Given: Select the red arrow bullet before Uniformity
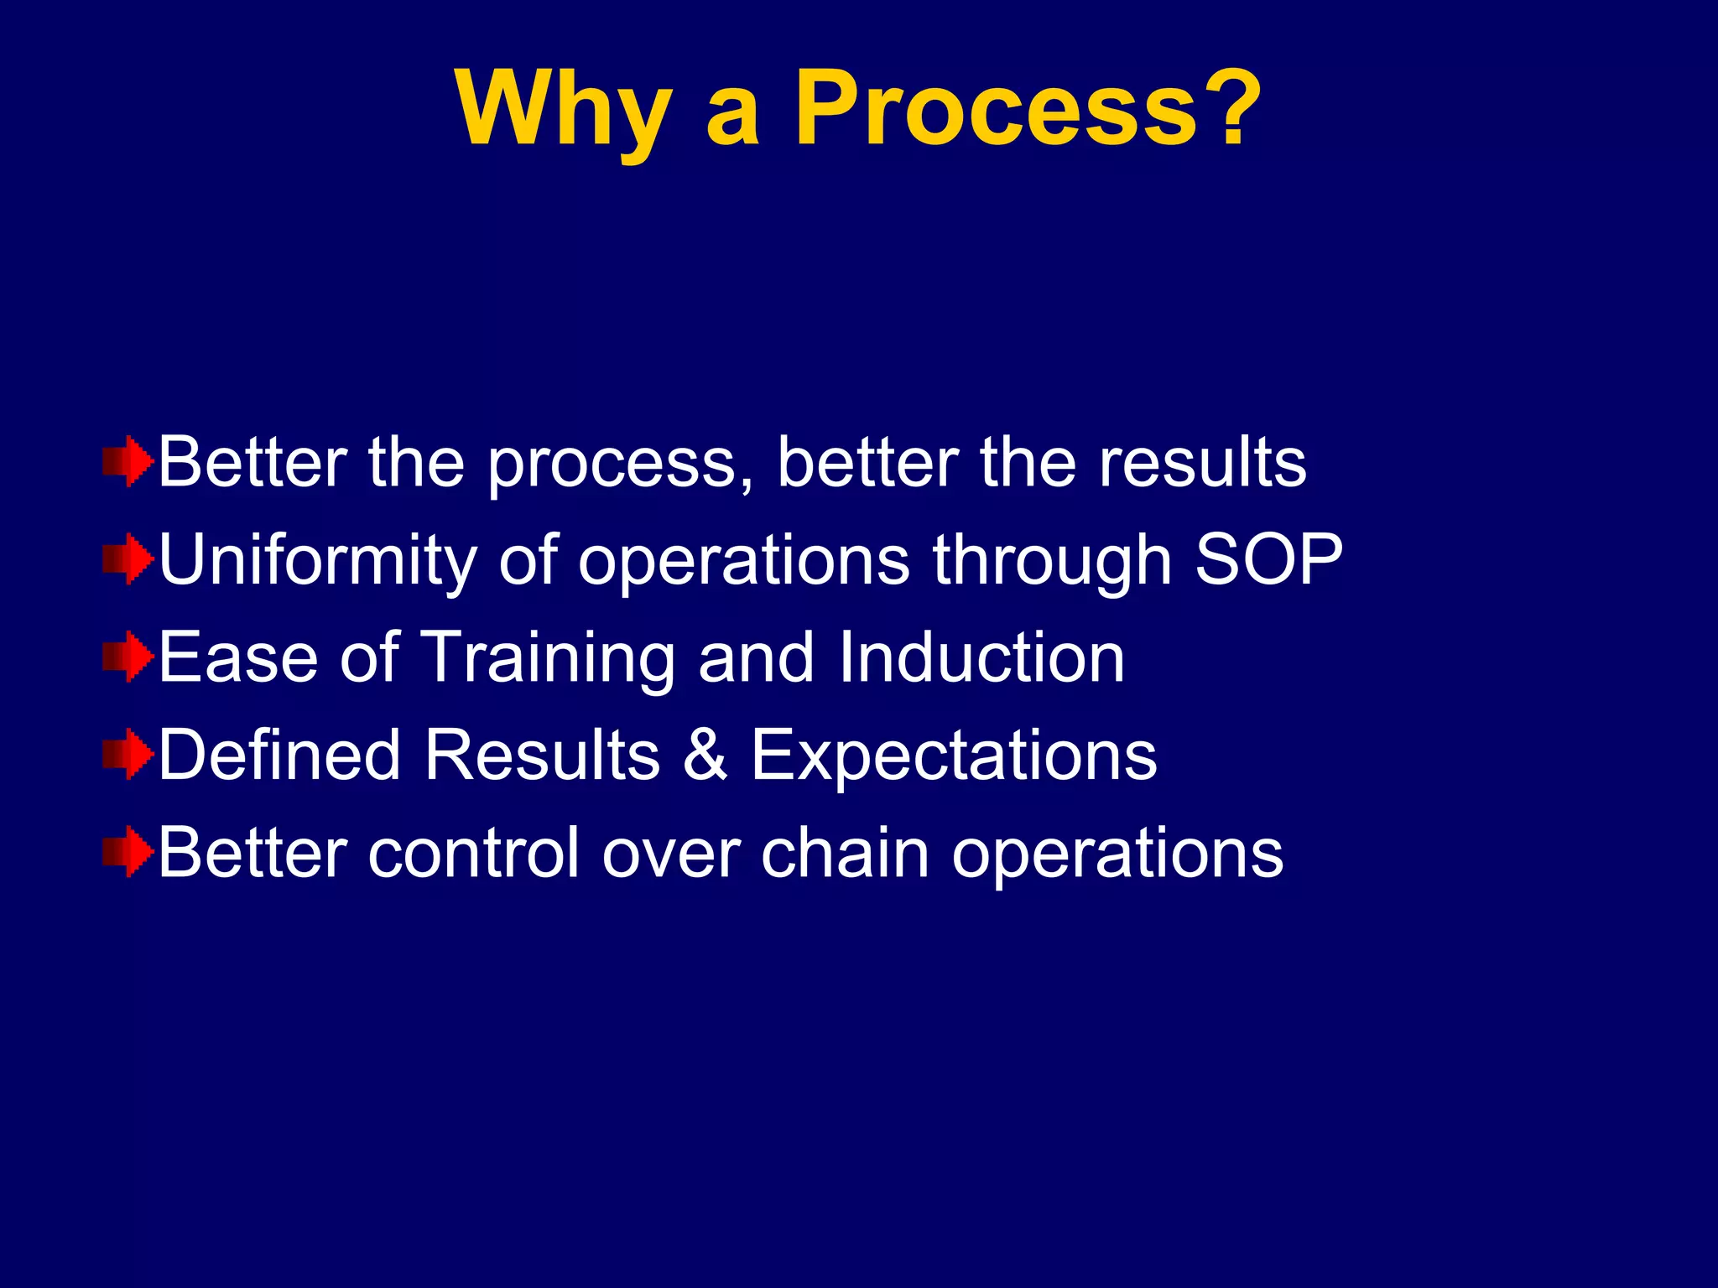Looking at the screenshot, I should pyautogui.click(x=128, y=558).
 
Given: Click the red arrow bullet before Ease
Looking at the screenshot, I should pyautogui.click(x=128, y=657).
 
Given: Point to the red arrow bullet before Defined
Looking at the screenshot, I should pyautogui.click(x=128, y=754).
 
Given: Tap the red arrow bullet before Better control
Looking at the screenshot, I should pyautogui.click(x=128, y=852).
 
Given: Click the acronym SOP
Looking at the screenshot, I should pyautogui.click(x=1268, y=559).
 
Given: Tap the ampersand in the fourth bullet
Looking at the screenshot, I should pyautogui.click(x=705, y=755).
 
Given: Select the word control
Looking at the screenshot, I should pyautogui.click(x=473, y=853).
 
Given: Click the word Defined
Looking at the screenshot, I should pyautogui.click(x=279, y=755).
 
